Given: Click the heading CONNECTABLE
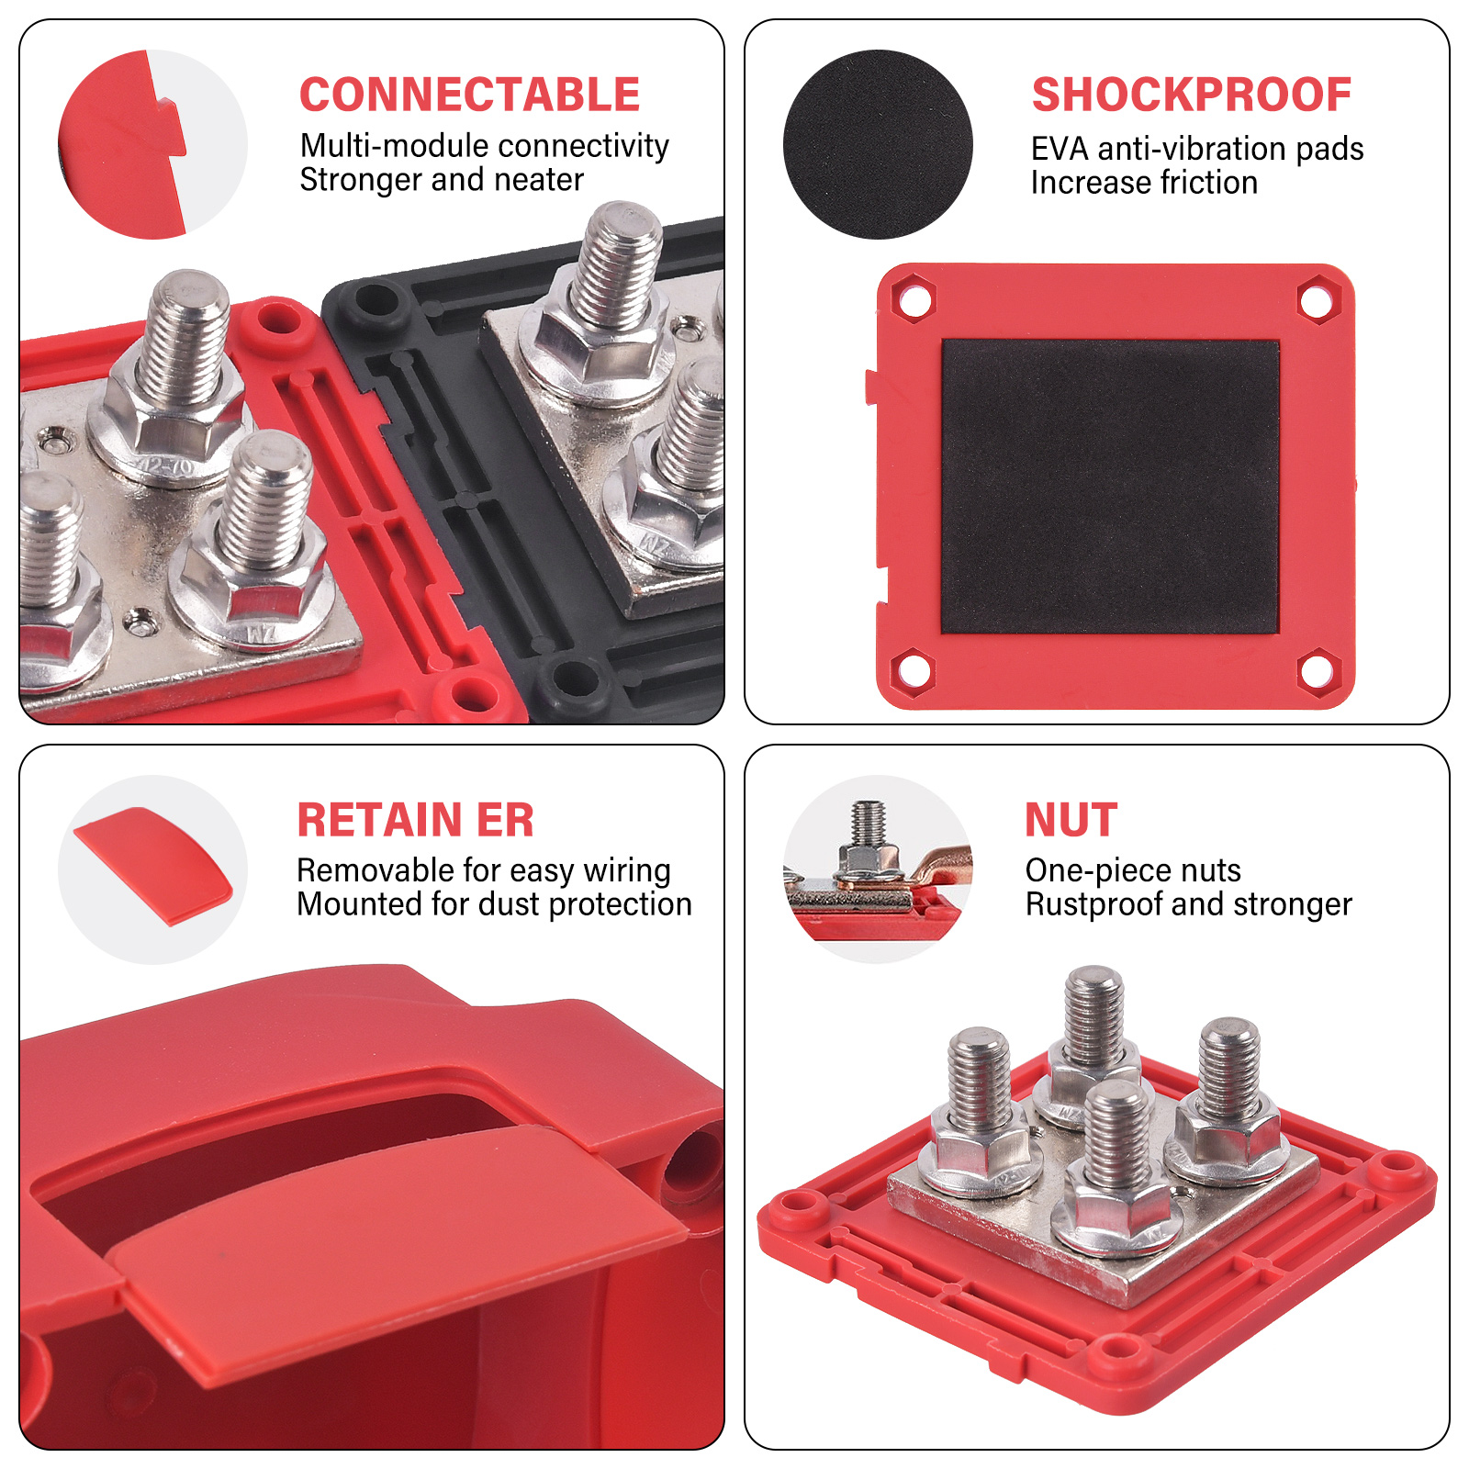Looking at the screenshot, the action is point(469,95).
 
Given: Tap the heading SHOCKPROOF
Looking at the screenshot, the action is point(1191,95).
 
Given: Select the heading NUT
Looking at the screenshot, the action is point(1071,820).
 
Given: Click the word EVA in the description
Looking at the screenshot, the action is point(1060,149).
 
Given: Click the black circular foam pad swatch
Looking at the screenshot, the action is point(878,144).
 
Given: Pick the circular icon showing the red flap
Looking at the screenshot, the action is point(152,869).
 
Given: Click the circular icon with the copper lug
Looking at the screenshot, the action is point(878,869).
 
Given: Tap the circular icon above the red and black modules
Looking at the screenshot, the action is point(152,144).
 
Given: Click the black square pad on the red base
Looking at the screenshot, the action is point(1110,487).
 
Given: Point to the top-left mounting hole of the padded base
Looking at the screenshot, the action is point(914,299).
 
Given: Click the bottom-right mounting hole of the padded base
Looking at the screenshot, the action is point(1318,671).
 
